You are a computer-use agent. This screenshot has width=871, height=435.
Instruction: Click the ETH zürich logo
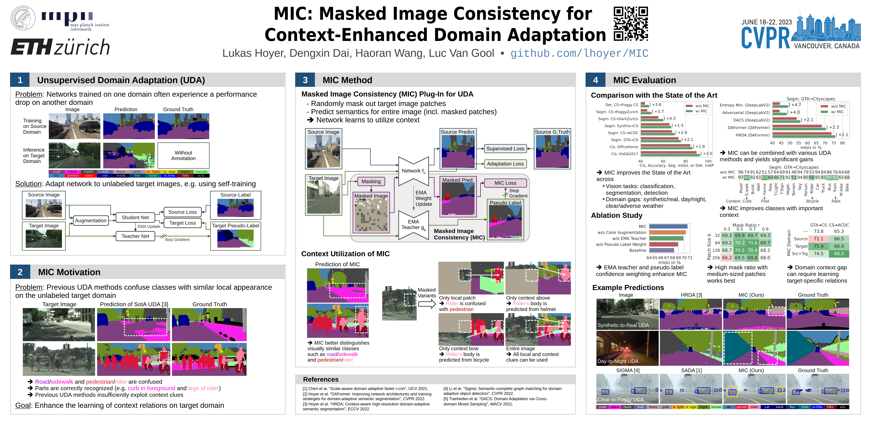(60, 47)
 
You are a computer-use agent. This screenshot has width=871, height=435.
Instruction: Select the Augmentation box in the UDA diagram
(91, 221)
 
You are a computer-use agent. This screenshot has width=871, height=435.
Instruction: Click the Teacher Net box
(135, 236)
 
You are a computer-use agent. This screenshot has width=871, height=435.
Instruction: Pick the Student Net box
(135, 217)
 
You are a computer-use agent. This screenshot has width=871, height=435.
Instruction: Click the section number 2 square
(20, 272)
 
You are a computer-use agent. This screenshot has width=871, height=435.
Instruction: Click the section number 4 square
(595, 80)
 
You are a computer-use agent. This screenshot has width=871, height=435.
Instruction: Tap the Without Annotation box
(183, 155)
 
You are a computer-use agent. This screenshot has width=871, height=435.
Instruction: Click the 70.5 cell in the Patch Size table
(739, 250)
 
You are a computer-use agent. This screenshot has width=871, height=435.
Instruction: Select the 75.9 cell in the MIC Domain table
(819, 246)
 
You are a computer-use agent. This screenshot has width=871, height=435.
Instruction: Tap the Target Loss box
(183, 223)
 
